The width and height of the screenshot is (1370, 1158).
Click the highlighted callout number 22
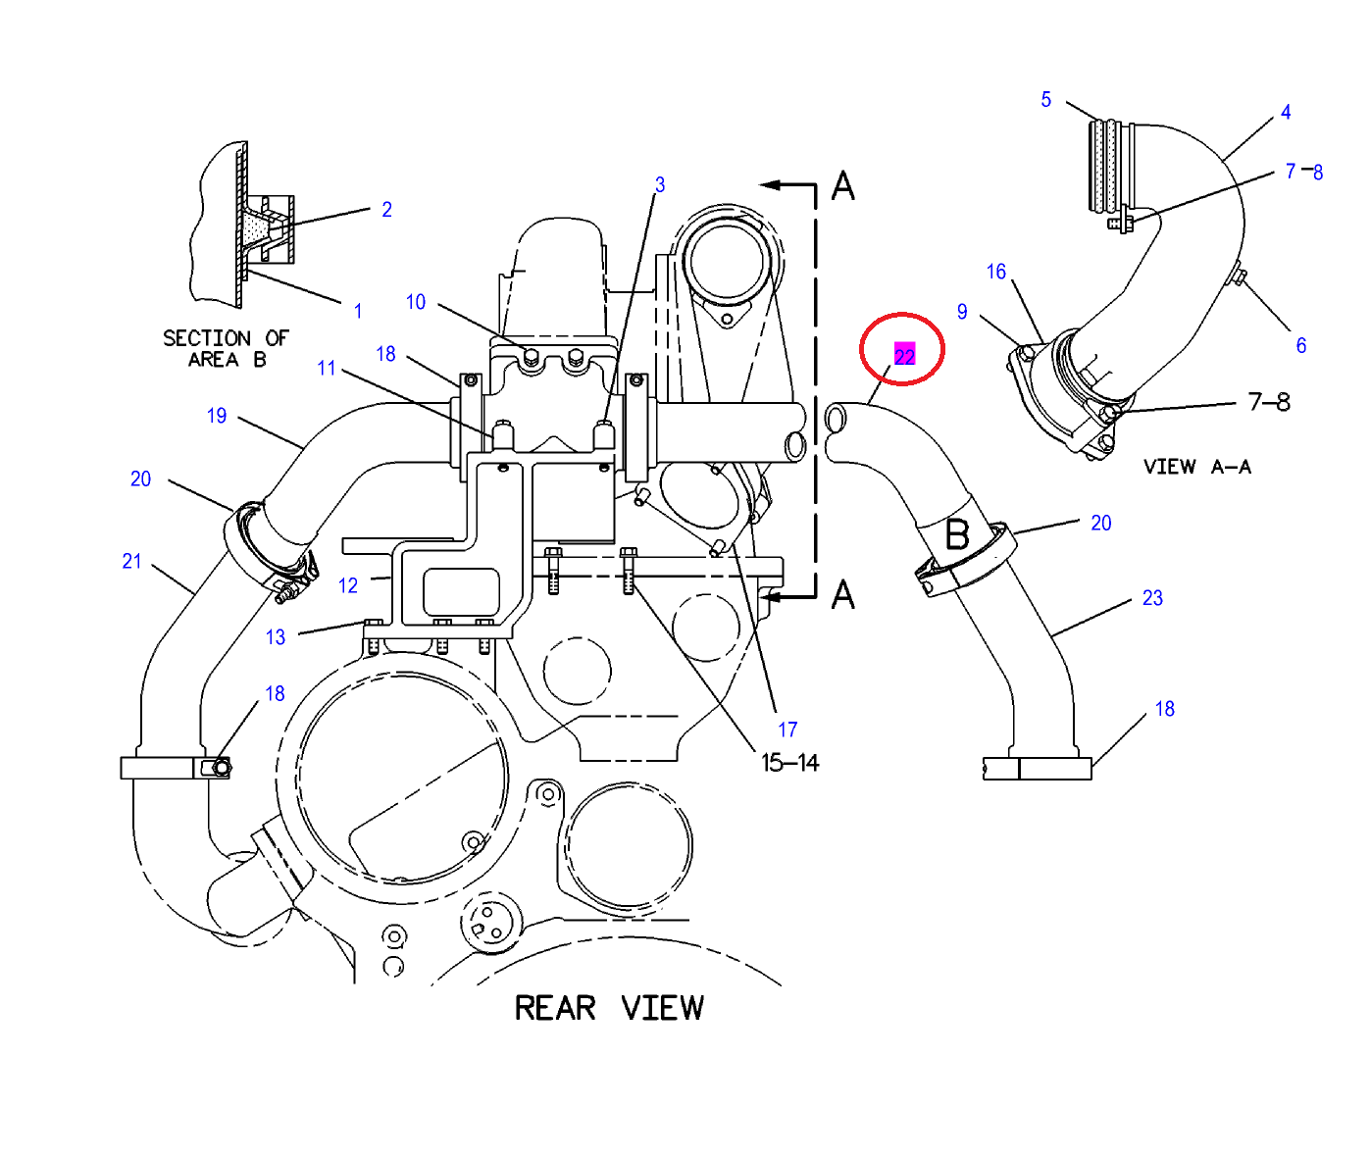tap(904, 355)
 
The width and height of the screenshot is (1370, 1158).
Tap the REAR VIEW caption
tap(609, 1008)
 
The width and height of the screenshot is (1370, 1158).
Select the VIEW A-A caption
tap(1196, 467)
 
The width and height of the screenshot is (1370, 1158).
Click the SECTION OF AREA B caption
tap(226, 348)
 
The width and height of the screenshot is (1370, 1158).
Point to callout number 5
tap(1046, 99)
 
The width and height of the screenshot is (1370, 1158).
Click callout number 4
tap(1286, 112)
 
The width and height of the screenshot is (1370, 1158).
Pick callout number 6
tap(1301, 345)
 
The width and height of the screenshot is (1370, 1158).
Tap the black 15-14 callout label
tap(789, 763)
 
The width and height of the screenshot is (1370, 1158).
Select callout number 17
tap(787, 730)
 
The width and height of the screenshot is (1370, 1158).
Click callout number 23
tap(1152, 598)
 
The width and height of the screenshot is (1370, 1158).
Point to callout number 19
tap(217, 416)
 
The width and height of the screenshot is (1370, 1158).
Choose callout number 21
tap(131, 561)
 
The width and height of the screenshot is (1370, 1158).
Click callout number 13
tap(276, 637)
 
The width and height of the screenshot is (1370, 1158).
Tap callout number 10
tap(416, 302)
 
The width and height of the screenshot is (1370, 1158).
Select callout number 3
tap(660, 184)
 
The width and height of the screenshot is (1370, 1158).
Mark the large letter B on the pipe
tap(957, 534)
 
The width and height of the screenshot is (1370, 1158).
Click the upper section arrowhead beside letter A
tap(772, 184)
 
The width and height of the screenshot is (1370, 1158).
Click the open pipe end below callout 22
tap(836, 420)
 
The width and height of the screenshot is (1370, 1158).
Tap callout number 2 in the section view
tap(386, 209)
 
